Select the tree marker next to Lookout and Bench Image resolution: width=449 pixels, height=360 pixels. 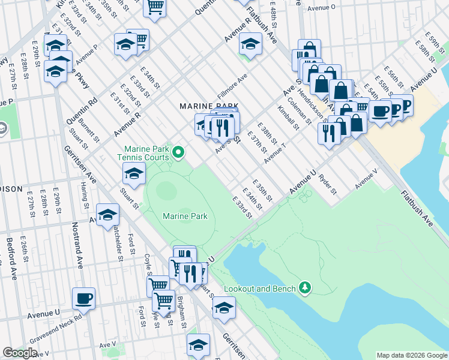[306, 289]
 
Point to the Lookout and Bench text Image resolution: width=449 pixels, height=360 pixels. [259, 289]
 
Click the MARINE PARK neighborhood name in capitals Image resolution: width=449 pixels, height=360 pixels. [205, 106]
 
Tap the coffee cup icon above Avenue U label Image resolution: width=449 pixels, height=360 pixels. [84, 298]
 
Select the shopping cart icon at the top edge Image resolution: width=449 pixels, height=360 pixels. [155, 7]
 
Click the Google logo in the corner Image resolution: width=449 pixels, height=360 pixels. [19, 353]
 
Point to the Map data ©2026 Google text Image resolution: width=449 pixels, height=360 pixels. [411, 355]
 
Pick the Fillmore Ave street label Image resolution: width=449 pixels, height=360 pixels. [233, 85]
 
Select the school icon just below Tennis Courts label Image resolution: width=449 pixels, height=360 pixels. [134, 174]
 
